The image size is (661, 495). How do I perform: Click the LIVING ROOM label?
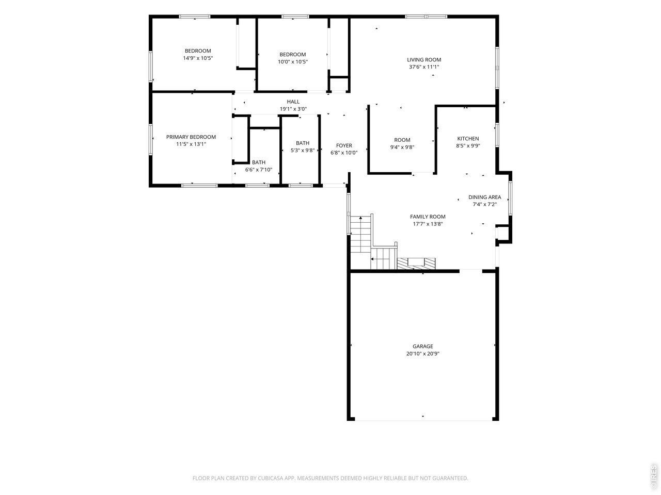[423, 60]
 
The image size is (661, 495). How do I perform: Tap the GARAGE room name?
[422, 346]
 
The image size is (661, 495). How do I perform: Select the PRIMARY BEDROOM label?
[191, 137]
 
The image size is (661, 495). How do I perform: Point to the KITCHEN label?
[468, 139]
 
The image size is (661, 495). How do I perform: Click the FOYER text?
[344, 145]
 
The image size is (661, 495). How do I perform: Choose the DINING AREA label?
[484, 197]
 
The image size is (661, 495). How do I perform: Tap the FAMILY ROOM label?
[428, 217]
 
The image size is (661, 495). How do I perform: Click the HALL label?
[293, 102]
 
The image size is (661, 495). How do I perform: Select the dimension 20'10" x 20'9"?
[422, 354]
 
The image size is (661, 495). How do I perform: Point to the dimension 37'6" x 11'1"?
[423, 67]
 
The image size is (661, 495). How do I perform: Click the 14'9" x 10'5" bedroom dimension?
[198, 58]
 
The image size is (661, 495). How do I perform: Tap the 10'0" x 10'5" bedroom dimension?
[293, 61]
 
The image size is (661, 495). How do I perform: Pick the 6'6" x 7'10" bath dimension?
[258, 170]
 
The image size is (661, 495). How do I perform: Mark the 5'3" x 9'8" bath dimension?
[302, 150]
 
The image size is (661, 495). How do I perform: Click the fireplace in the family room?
[416, 263]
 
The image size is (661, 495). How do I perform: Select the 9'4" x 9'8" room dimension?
[402, 147]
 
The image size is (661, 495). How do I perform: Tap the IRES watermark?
[654, 474]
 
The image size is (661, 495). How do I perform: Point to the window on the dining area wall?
[510, 198]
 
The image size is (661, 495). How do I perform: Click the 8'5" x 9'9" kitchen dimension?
[468, 146]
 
